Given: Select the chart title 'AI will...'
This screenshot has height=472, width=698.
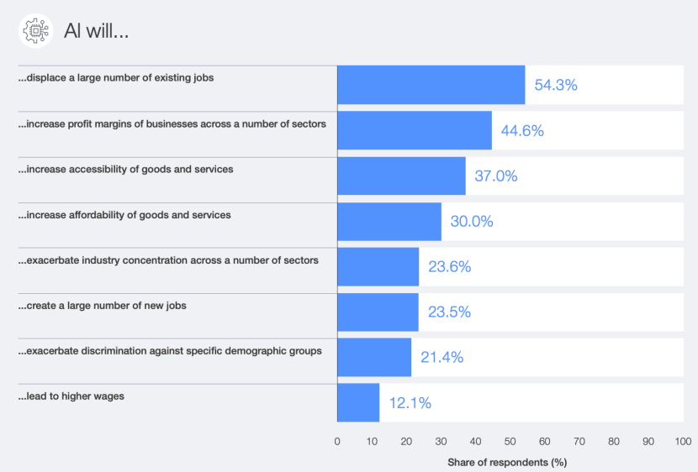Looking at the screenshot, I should pyautogui.click(x=96, y=31).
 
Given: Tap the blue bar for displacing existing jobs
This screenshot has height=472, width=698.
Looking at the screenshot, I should pyautogui.click(x=431, y=85).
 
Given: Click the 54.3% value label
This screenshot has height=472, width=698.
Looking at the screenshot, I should pyautogui.click(x=556, y=85).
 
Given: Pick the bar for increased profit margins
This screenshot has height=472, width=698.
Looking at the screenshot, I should pyautogui.click(x=414, y=130).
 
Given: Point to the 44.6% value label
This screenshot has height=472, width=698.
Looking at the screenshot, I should pyautogui.click(x=522, y=130).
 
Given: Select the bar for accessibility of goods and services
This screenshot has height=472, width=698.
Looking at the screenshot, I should pyautogui.click(x=401, y=176).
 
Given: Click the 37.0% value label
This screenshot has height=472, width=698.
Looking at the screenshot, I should pyautogui.click(x=496, y=176).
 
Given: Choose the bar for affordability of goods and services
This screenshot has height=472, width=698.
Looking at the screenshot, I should pyautogui.click(x=389, y=222).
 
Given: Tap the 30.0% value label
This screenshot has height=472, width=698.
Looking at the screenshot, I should pyautogui.click(x=472, y=222).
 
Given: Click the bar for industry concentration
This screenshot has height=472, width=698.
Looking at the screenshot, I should pyautogui.click(x=378, y=267).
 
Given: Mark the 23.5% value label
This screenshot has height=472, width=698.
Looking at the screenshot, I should pyautogui.click(x=449, y=312).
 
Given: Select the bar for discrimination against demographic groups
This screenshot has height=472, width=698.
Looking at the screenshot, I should pyautogui.click(x=374, y=358).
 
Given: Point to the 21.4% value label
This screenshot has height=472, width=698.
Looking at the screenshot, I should pyautogui.click(x=442, y=358).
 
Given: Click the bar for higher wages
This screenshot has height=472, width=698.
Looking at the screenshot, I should pyautogui.click(x=358, y=403).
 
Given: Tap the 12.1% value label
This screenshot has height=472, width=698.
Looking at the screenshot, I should pyautogui.click(x=410, y=403).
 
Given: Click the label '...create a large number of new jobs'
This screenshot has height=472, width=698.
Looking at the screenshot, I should pyautogui.click(x=103, y=306).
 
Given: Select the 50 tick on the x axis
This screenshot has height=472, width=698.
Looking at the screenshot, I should pyautogui.click(x=510, y=442).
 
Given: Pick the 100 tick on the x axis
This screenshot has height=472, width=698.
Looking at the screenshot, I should pyautogui.click(x=683, y=442).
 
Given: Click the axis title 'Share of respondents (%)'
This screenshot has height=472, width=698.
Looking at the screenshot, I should pyautogui.click(x=507, y=462).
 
